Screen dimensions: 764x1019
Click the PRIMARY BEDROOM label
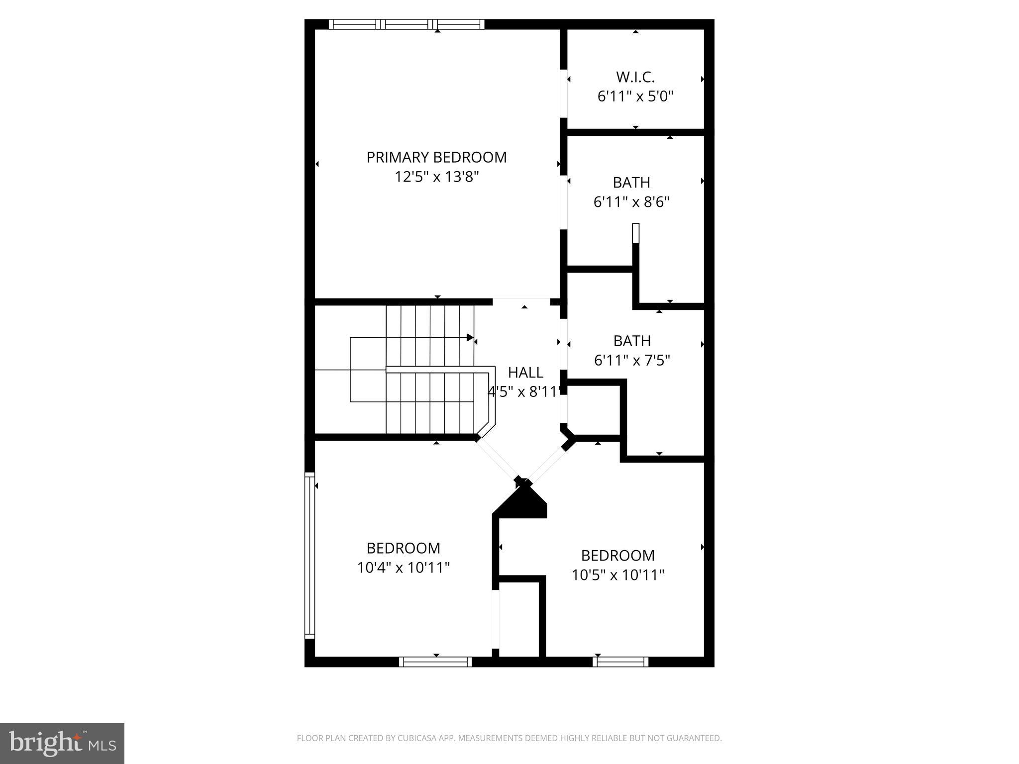436,157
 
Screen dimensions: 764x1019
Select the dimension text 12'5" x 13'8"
436,177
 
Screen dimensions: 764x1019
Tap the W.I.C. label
635,77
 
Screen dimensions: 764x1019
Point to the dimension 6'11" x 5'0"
635,96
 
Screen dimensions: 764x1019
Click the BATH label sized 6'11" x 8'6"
631,183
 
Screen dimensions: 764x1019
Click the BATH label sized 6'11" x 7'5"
631,341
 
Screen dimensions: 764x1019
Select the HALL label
525,373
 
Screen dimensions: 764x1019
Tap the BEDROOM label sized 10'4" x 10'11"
403,548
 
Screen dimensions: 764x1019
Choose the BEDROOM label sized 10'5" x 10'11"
617,555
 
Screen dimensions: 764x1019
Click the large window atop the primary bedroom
406,24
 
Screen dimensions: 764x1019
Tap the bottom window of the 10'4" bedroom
435,662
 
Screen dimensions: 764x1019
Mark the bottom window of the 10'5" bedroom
620,662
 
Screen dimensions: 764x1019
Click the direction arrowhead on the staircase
470,338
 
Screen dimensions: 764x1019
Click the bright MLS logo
62,743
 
